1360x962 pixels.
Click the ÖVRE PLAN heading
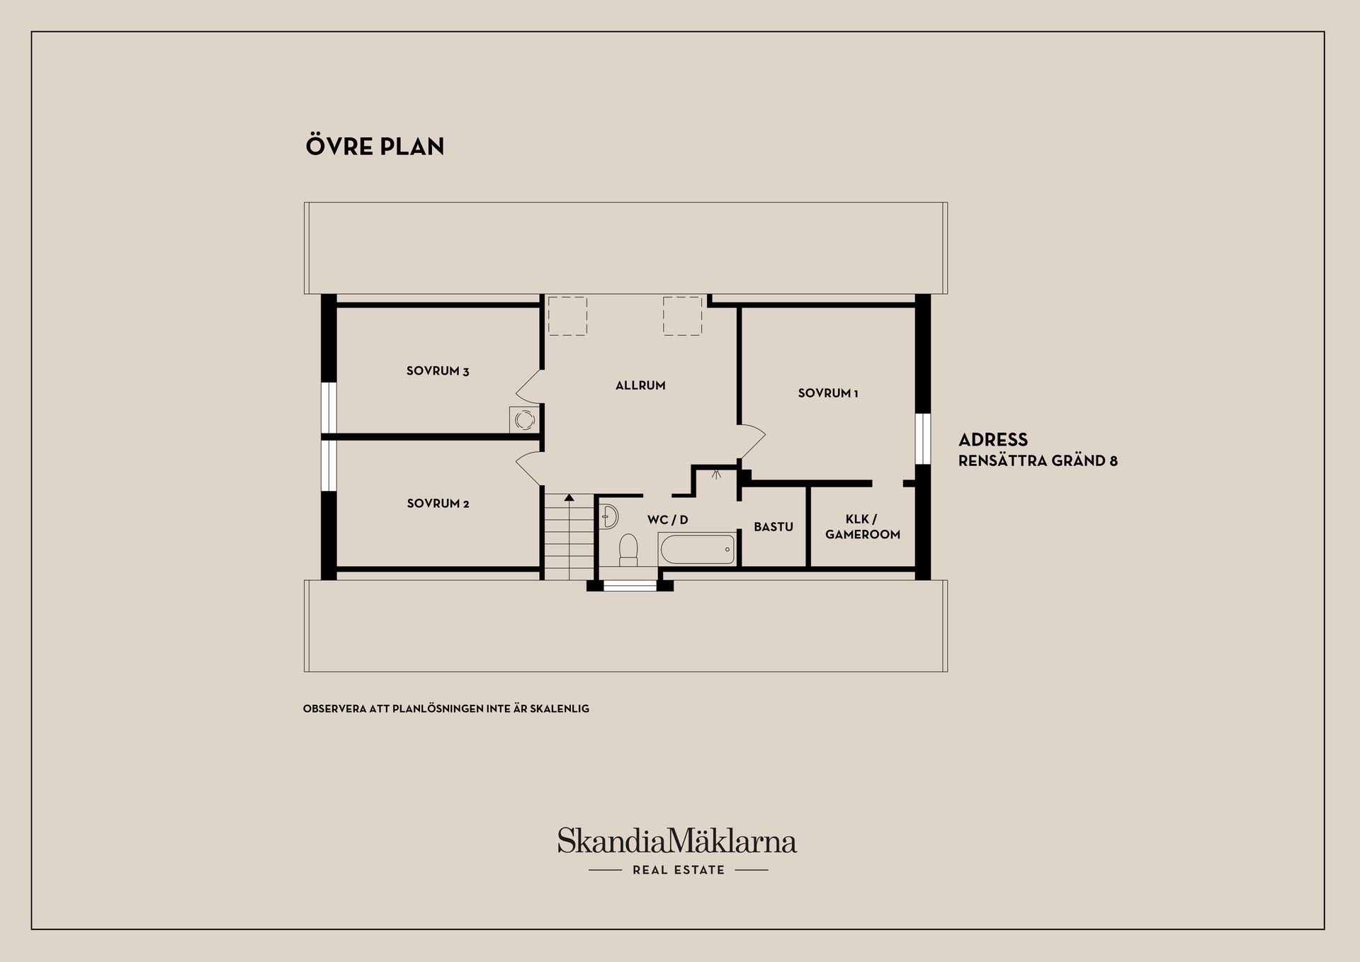point(375,145)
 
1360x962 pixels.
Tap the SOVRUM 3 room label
point(438,371)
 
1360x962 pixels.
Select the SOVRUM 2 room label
point(438,504)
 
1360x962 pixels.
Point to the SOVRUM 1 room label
point(828,393)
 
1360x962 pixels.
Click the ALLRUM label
point(640,385)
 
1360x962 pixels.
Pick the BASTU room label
point(773,527)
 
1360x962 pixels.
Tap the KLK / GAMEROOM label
point(863,527)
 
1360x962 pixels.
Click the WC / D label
point(667,520)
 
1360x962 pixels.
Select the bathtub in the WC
point(697,549)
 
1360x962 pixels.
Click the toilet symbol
point(628,550)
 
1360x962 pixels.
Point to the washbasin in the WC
point(608,517)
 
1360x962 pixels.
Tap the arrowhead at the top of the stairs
point(568,497)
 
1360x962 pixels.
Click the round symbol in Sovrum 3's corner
point(524,420)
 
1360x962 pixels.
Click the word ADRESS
point(993,439)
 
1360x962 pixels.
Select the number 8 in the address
point(1113,461)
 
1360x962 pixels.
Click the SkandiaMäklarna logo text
point(677,841)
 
